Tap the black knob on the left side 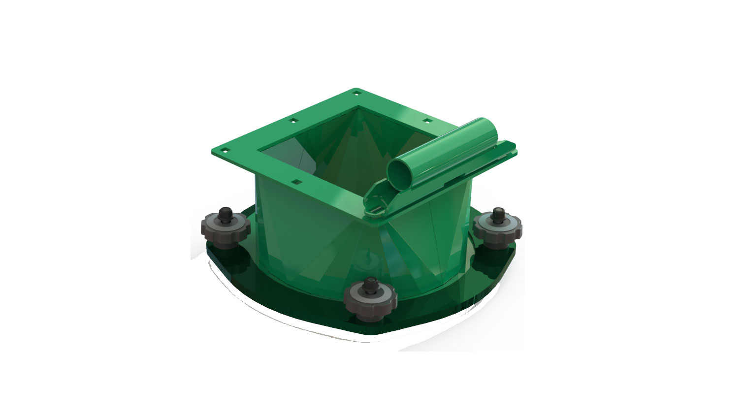tap(226, 227)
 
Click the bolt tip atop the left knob tap(226, 212)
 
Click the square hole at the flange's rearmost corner tap(355, 92)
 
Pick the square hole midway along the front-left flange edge tap(296, 182)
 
